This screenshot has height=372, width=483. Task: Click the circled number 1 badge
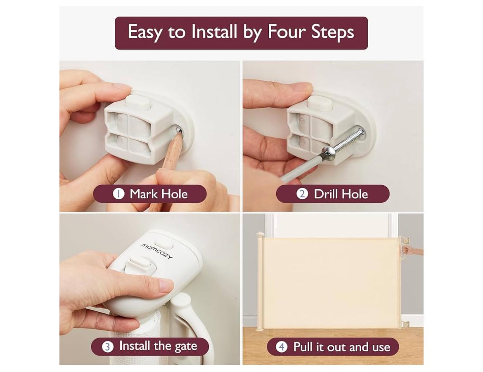[x=118, y=194]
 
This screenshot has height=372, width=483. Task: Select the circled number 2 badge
[x=302, y=194]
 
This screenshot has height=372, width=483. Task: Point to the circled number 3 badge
[x=107, y=347]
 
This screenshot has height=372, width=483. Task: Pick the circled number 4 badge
[x=282, y=347]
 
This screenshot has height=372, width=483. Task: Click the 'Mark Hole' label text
[x=159, y=194]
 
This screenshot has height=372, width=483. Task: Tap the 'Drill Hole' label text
[x=341, y=194]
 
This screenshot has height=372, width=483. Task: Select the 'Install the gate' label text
[x=158, y=346]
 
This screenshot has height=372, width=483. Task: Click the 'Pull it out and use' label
[x=342, y=347]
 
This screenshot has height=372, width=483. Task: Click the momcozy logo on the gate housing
[x=157, y=251]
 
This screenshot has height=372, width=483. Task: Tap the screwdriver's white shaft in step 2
[x=301, y=166]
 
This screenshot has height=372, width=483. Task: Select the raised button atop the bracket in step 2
[x=321, y=102]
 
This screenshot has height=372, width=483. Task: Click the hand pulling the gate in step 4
[x=413, y=250]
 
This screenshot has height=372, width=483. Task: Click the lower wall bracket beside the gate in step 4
[x=405, y=325]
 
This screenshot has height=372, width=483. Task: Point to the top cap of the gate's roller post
[x=260, y=235]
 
